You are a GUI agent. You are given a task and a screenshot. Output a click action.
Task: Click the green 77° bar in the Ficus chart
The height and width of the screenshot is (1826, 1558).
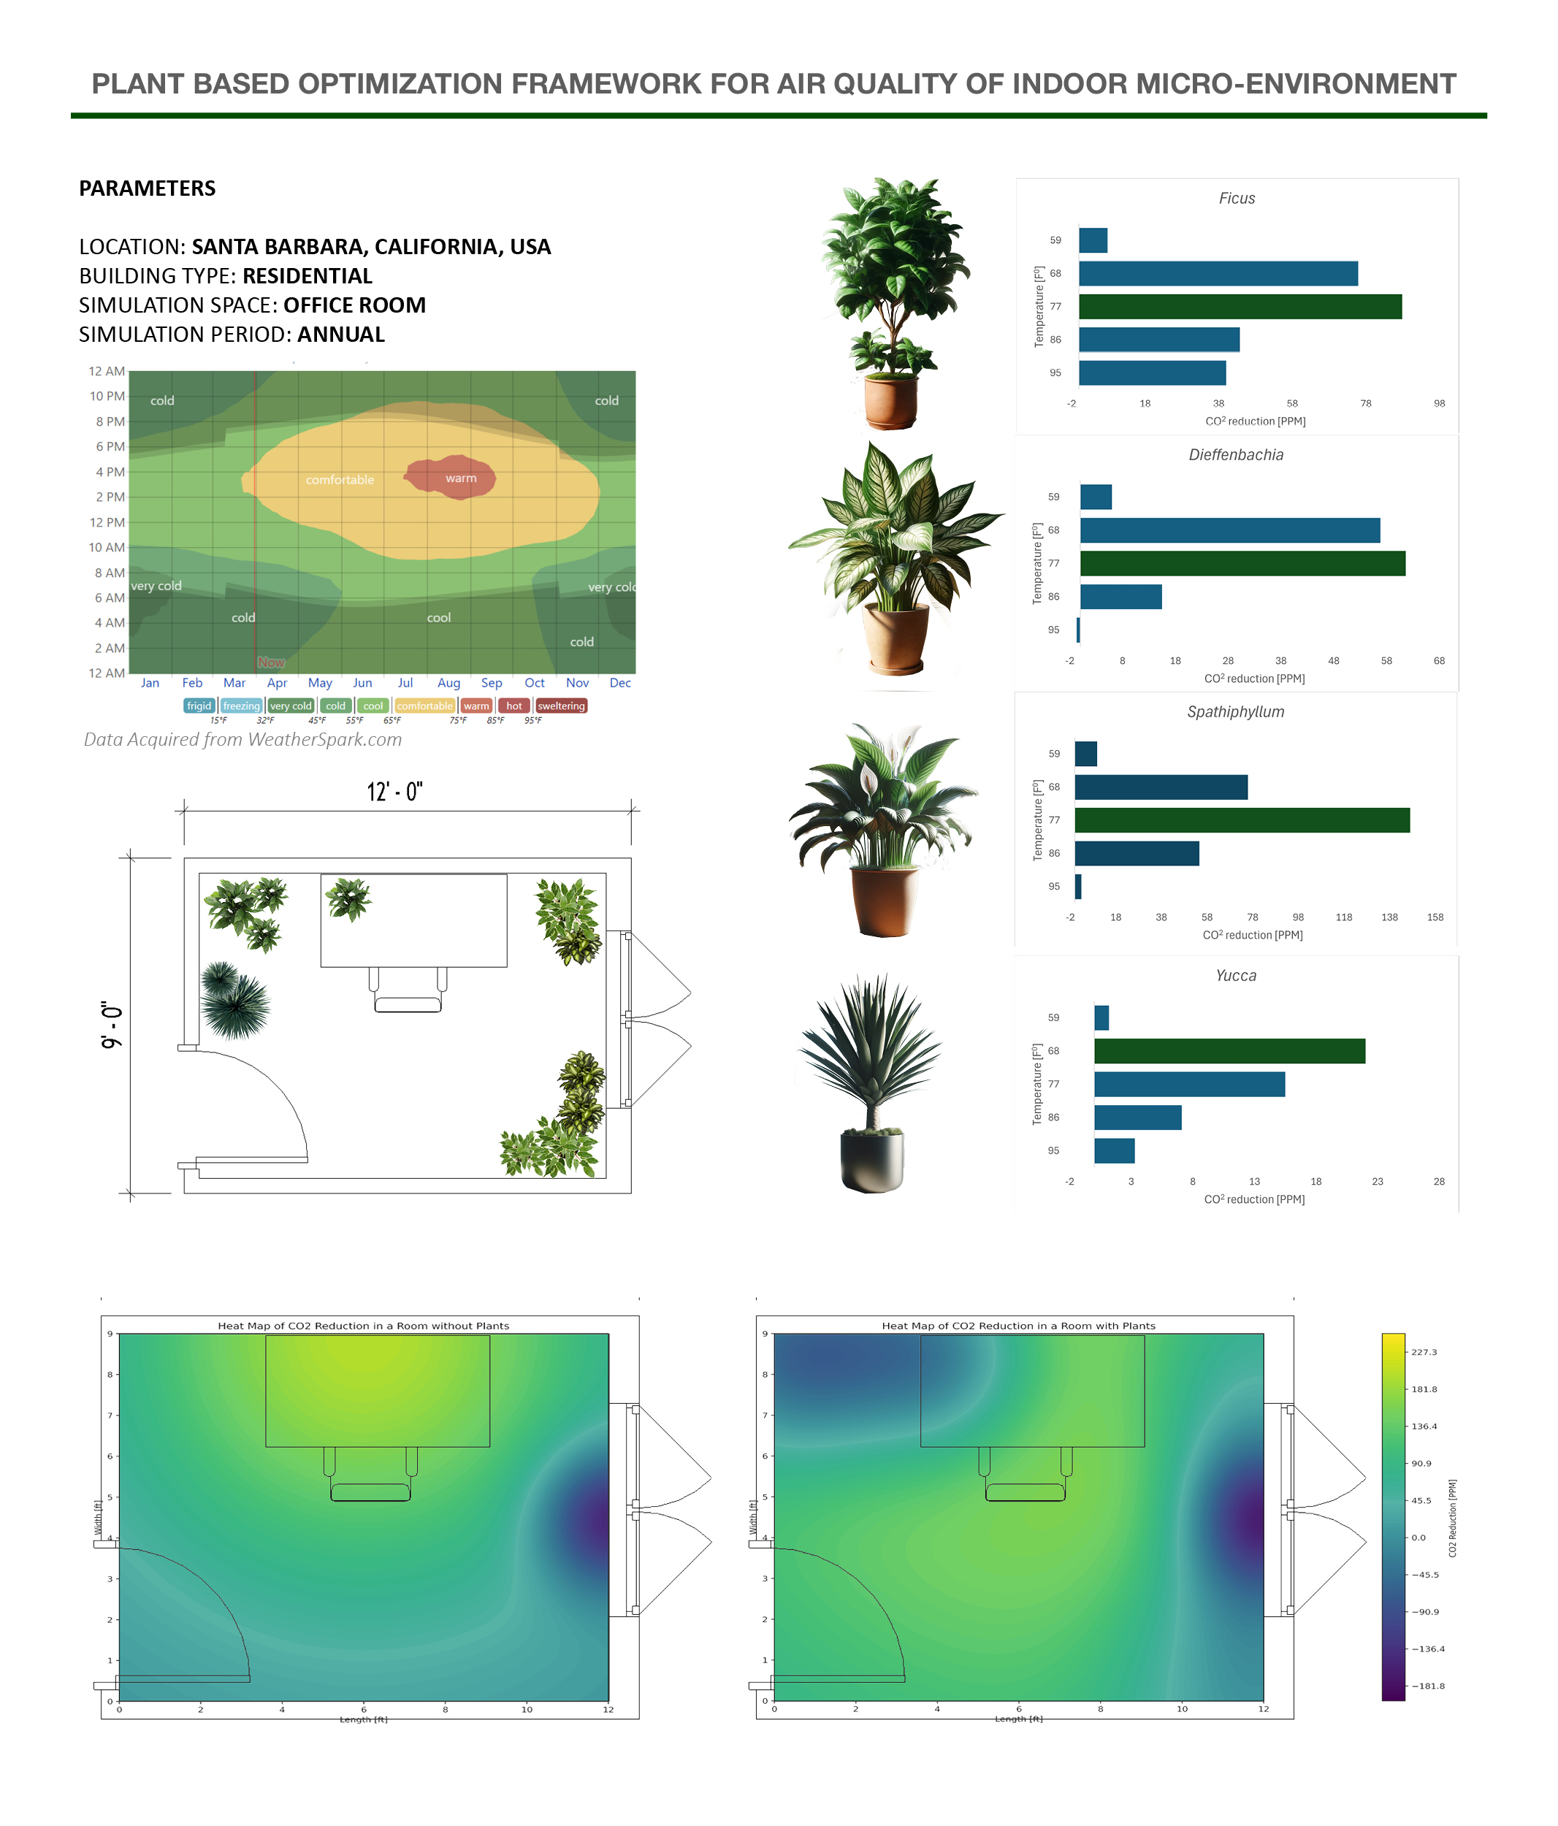[x=1239, y=307]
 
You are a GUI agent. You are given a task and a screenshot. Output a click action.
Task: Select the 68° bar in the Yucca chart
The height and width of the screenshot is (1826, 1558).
[x=1229, y=1050]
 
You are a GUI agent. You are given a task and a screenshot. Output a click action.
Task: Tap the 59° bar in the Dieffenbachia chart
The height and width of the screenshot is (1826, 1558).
[x=1096, y=497]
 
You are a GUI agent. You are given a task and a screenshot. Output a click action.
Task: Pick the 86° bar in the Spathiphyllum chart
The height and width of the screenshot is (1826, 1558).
[x=1136, y=853]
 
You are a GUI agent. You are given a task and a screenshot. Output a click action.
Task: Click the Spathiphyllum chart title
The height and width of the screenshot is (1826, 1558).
[x=1234, y=711]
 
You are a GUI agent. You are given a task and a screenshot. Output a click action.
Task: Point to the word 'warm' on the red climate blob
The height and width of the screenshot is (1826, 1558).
[x=460, y=478]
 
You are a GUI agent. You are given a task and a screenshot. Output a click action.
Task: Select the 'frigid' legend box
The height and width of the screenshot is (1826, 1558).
[x=199, y=706]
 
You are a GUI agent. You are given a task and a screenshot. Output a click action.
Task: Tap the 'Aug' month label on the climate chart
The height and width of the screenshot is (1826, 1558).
[x=448, y=683]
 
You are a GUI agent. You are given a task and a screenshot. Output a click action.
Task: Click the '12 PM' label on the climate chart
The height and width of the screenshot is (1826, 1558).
[x=107, y=522]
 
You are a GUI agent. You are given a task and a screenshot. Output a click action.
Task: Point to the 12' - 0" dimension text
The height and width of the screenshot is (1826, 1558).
[x=394, y=791]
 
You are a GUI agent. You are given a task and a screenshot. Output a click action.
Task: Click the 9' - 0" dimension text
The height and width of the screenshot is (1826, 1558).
[x=112, y=1024]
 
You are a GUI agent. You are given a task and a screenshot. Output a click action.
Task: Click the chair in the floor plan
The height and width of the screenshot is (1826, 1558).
[x=407, y=996]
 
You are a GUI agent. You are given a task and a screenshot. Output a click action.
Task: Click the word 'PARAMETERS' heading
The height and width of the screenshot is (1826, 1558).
[x=147, y=188]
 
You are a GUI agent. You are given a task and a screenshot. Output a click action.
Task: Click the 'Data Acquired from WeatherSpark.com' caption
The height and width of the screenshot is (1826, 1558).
[x=243, y=739]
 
